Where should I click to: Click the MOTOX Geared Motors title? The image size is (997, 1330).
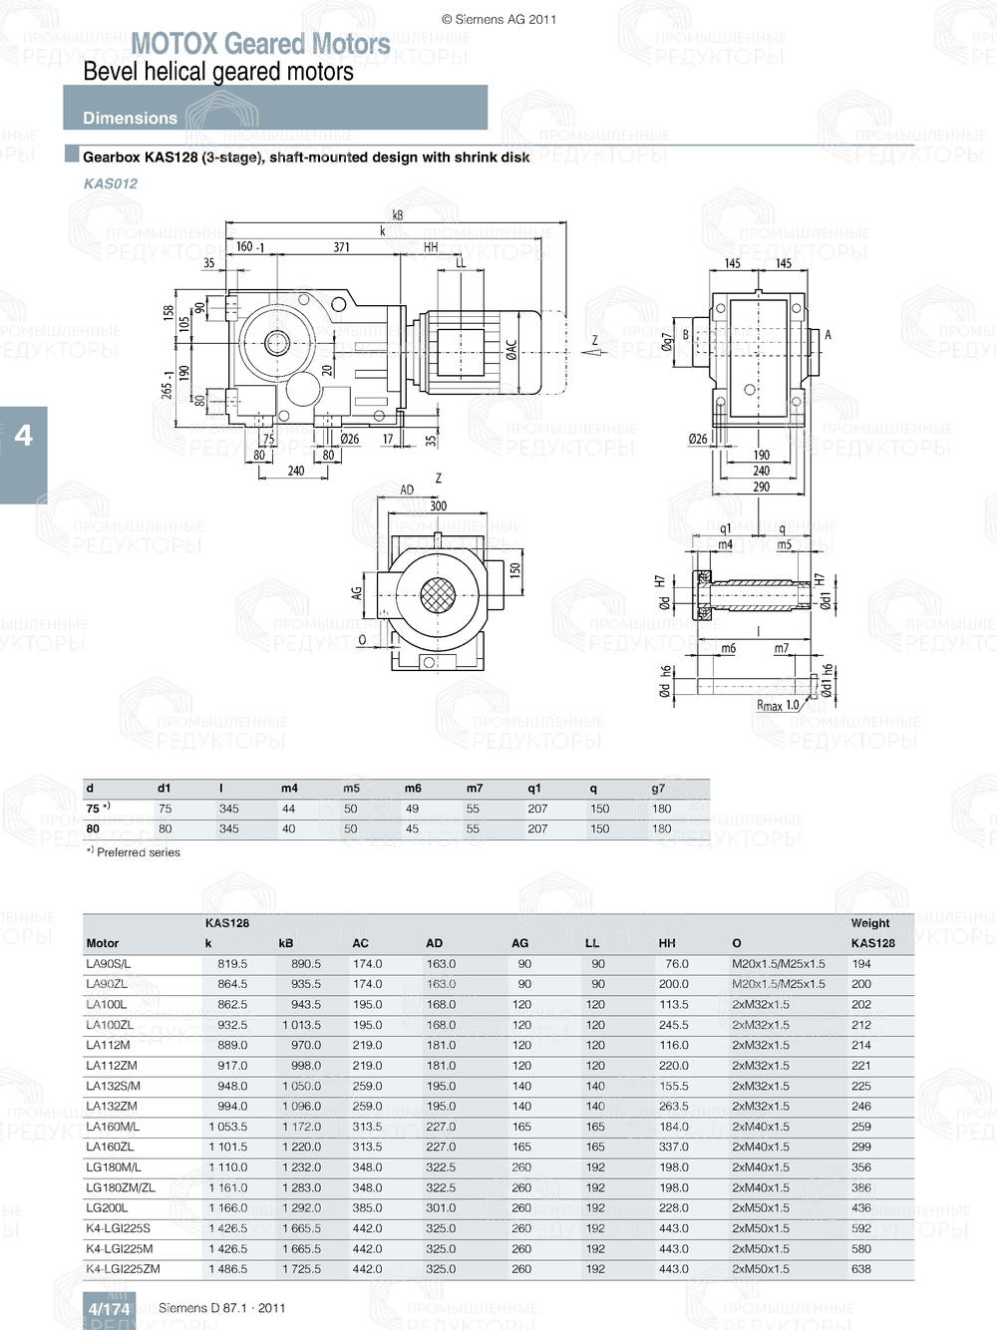(x=260, y=44)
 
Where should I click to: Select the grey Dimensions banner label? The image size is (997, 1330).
(x=130, y=118)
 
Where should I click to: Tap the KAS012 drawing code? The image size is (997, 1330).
(x=111, y=183)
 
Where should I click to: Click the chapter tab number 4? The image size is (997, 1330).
(x=23, y=435)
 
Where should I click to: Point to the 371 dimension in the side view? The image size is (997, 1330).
(x=341, y=247)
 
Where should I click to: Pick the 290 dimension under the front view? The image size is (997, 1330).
(x=761, y=487)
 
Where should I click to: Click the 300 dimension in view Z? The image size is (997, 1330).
(x=438, y=505)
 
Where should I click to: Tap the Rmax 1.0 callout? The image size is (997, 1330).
(x=778, y=705)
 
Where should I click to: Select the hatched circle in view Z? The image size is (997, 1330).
(x=437, y=597)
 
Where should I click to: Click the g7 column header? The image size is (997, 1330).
(x=658, y=788)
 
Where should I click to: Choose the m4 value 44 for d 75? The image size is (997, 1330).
(x=288, y=809)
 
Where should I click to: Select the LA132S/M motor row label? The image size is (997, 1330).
(x=113, y=1086)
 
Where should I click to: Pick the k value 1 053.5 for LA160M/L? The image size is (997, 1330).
(x=227, y=1127)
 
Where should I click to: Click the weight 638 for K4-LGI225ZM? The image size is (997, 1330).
(x=861, y=1269)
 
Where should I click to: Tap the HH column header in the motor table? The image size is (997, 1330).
(x=667, y=943)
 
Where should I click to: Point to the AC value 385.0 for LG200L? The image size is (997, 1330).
(x=367, y=1208)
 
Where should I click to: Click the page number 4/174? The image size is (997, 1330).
(x=109, y=1308)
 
